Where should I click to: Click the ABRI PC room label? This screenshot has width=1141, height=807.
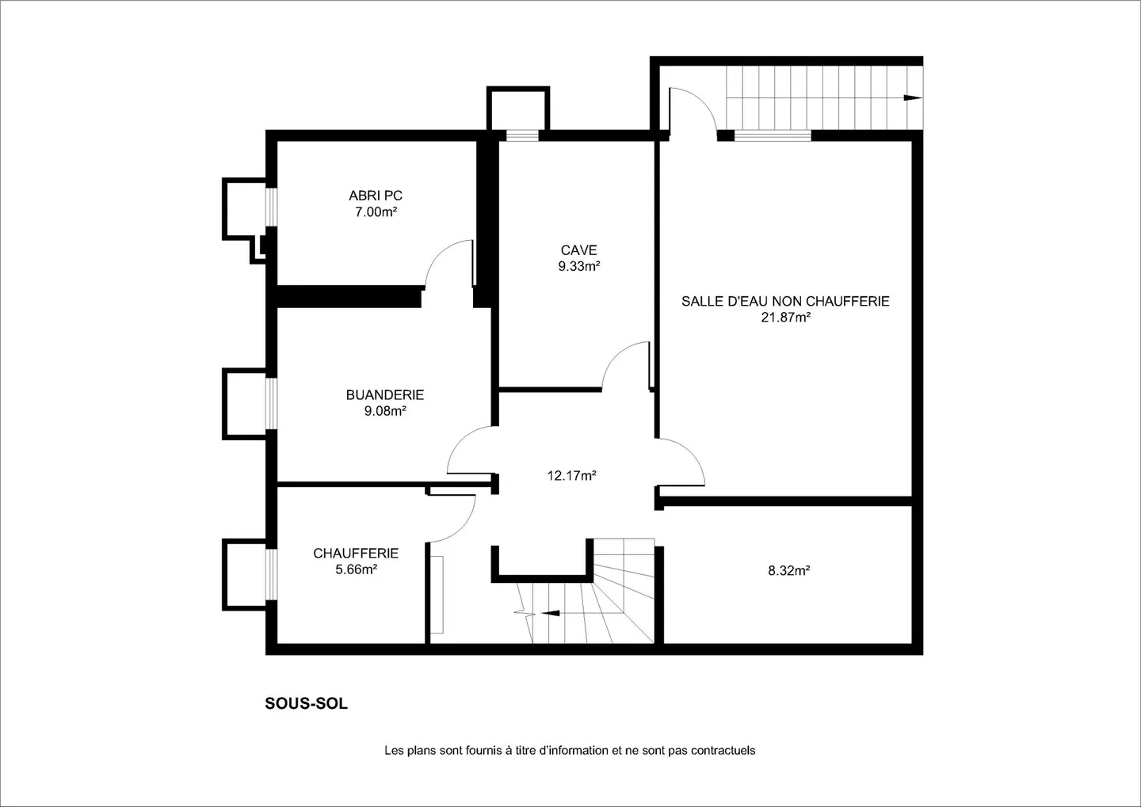[376, 196]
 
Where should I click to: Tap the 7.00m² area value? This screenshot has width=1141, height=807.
[376, 211]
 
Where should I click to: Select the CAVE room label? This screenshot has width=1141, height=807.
[578, 250]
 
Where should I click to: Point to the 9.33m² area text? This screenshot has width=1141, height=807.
[578, 266]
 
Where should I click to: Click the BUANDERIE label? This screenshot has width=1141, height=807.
[385, 394]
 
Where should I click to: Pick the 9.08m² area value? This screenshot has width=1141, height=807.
[385, 411]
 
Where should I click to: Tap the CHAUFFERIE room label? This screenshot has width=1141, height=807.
[356, 554]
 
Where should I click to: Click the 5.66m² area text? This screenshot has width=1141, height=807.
[356, 569]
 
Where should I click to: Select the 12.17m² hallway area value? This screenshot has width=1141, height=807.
[571, 475]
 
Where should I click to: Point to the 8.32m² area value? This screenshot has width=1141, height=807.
[789, 571]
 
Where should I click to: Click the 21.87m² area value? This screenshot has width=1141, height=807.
[786, 318]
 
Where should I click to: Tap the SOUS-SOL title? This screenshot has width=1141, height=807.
[306, 703]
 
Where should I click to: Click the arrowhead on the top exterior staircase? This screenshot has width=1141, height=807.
[912, 97]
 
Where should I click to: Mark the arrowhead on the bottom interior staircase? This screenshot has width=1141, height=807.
[551, 613]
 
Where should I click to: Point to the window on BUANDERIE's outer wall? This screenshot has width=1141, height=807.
[272, 403]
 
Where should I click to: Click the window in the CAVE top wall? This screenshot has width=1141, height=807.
[522, 135]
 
